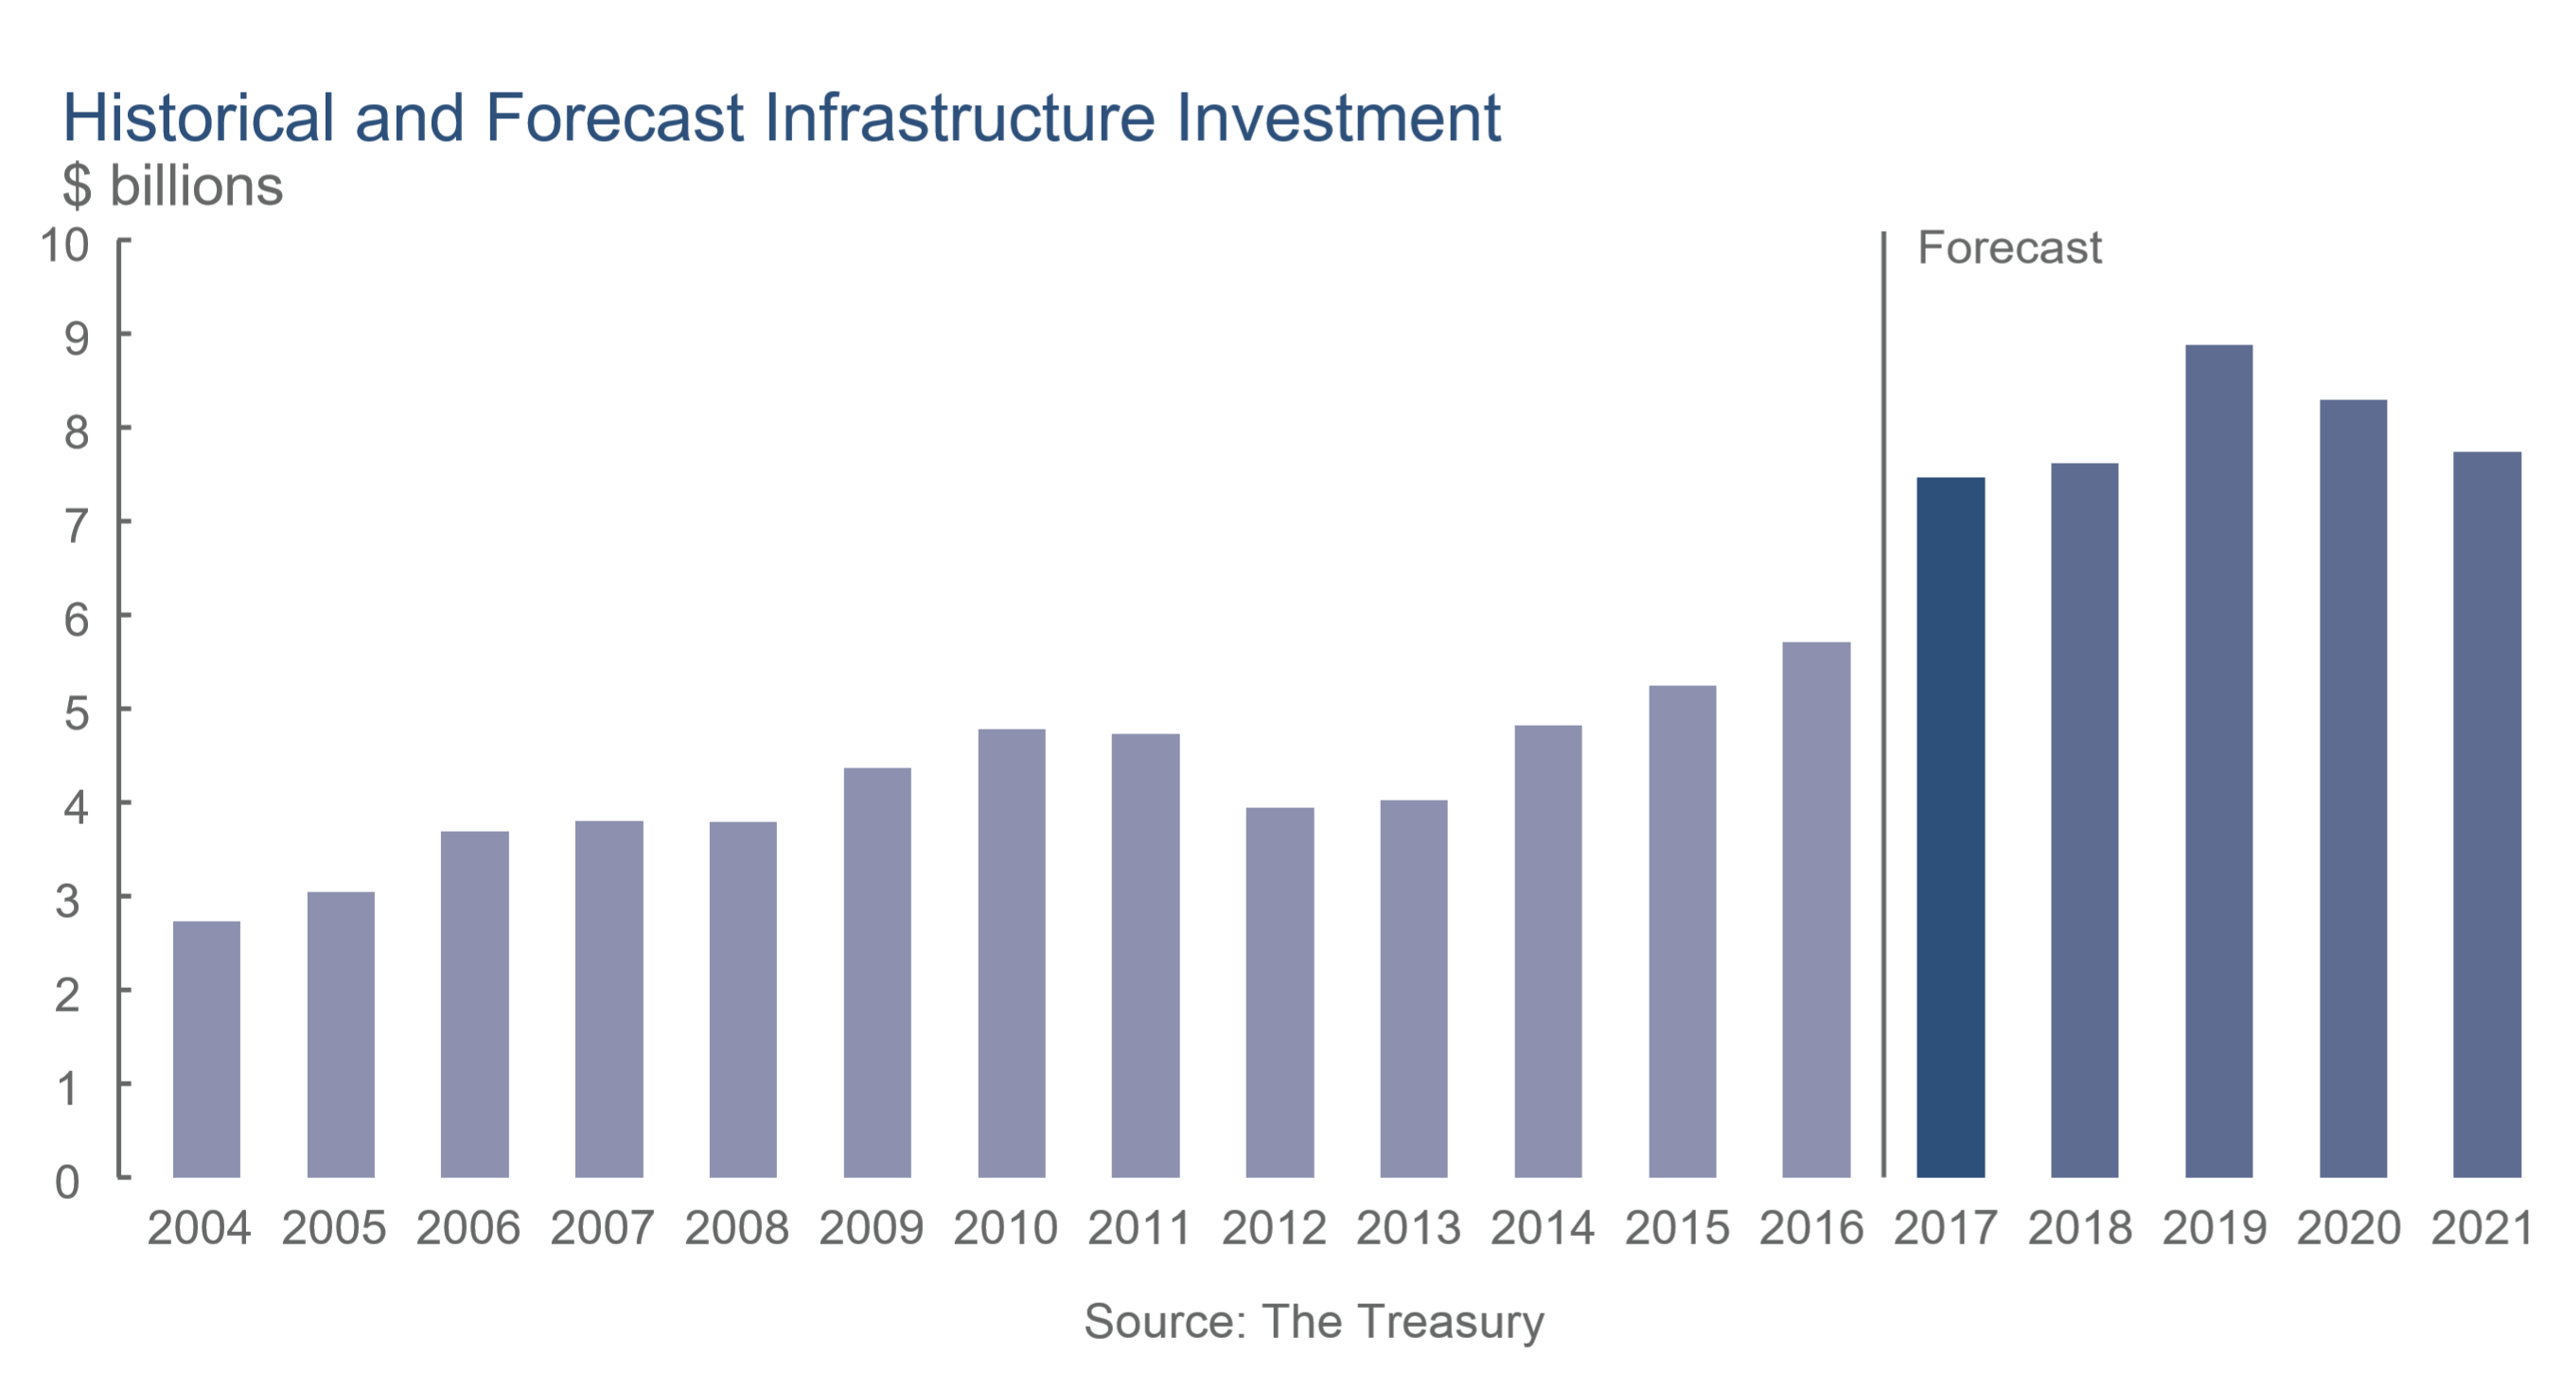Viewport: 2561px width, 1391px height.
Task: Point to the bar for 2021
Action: [x=2486, y=815]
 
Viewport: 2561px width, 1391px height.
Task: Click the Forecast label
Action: [x=2008, y=248]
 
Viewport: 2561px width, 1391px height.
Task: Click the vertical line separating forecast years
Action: [x=1883, y=696]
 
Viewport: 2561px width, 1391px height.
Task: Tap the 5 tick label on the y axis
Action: [x=76, y=713]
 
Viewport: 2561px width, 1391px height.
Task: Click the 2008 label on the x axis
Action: [x=735, y=1229]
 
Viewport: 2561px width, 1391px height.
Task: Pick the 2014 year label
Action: [x=1542, y=1229]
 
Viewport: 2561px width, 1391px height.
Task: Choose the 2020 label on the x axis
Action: [x=2348, y=1229]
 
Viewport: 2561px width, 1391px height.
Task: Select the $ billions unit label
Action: [x=172, y=185]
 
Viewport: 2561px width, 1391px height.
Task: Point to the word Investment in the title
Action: [x=1338, y=118]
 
